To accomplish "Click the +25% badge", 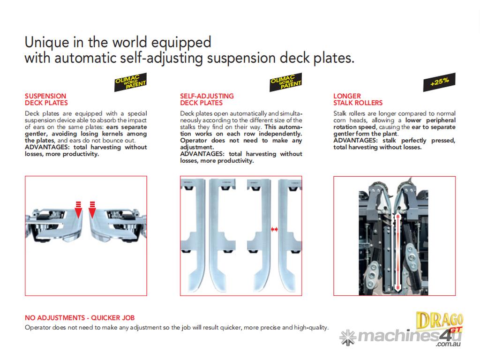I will [x=439, y=82].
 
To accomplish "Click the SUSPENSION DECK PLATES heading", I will [x=46, y=99].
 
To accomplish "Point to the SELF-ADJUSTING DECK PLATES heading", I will [x=207, y=99].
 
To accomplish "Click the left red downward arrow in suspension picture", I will [x=78, y=211].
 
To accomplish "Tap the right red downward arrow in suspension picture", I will [x=92, y=211].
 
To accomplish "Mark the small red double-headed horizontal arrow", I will [x=275, y=229].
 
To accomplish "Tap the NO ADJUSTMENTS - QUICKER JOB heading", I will [x=80, y=318].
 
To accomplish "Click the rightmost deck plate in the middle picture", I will [x=286, y=234].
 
